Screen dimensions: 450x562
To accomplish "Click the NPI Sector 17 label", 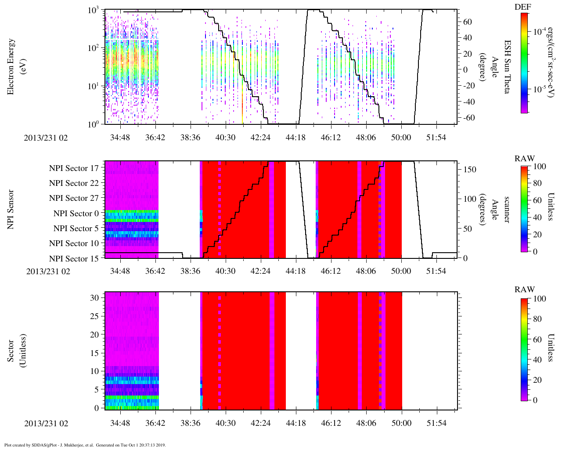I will tap(74, 168).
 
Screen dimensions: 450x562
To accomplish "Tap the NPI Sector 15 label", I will tap(74, 258).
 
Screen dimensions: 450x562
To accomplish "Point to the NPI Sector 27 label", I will tap(74, 198).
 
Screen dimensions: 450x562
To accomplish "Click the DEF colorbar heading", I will tap(522, 7).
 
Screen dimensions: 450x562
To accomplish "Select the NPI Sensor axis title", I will tap(11, 209).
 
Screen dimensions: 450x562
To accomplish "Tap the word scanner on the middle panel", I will tap(507, 210).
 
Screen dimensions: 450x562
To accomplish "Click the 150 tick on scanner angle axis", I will tap(470, 170).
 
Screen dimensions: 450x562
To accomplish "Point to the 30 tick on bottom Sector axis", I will tap(94, 298).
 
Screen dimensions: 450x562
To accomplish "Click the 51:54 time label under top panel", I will tap(436, 138).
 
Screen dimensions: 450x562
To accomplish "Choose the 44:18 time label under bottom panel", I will tap(295, 423).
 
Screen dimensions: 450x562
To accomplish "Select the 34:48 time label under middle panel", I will tap(120, 271).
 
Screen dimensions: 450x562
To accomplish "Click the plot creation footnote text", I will tap(85, 445).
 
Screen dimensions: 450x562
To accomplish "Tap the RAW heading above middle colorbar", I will tap(525, 159).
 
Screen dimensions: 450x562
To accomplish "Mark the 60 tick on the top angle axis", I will tap(468, 22).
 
